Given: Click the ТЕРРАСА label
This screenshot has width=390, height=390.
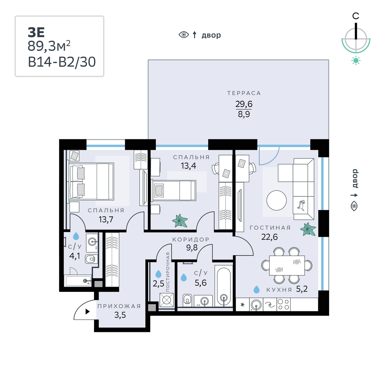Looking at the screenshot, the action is pos(244,93).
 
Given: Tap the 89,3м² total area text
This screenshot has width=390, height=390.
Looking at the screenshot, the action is pos(49,46).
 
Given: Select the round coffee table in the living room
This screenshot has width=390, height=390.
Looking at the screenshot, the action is pos(276,200).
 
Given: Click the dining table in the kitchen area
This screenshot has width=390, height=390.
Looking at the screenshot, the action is pos(287,265).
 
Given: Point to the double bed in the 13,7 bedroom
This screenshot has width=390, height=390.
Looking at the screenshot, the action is pos(91,182).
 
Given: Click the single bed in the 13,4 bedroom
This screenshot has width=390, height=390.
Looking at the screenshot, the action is pos(174,190).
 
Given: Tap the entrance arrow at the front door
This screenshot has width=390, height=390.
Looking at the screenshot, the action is pos(87,311).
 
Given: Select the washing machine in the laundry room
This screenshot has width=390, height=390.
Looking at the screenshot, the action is pos(167,300).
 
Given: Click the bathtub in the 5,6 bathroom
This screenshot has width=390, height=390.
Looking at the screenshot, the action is pos(224,287).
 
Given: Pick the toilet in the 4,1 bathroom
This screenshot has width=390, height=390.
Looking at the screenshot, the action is pos(90,259).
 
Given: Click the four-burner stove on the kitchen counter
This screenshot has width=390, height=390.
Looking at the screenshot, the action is pos(283,304).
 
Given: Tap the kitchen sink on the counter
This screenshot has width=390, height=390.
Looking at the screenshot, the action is pos(256,304).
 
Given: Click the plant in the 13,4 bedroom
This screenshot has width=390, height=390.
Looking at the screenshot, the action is pos(180,221).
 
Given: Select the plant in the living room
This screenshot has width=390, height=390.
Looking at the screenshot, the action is pos(308,229).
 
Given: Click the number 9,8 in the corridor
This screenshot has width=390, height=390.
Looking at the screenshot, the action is pos(192,248).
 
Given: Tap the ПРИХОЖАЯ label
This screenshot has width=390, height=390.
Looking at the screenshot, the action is pos(119,306).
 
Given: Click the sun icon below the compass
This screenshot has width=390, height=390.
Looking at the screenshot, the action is pos(356,61).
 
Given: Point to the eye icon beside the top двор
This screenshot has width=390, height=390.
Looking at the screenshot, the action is pos(184,35).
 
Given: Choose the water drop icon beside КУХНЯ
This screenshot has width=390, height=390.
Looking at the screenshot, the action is pos(256,289).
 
